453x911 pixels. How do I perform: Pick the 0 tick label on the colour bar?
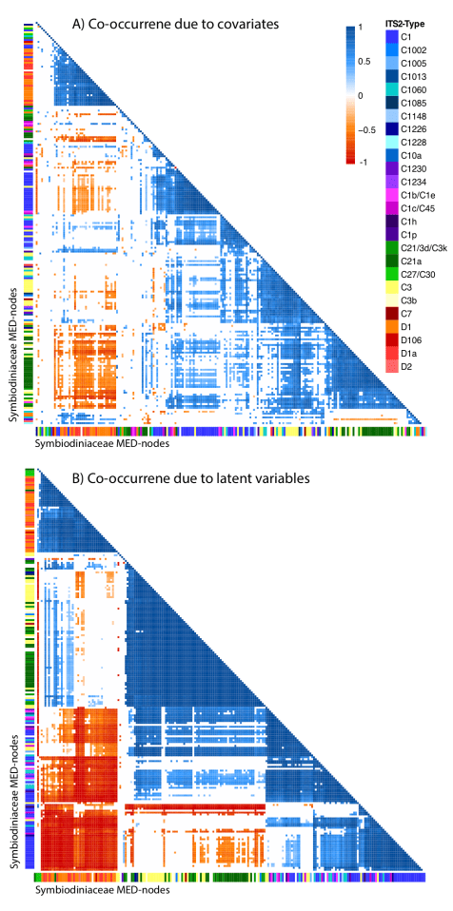tap(360, 95)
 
